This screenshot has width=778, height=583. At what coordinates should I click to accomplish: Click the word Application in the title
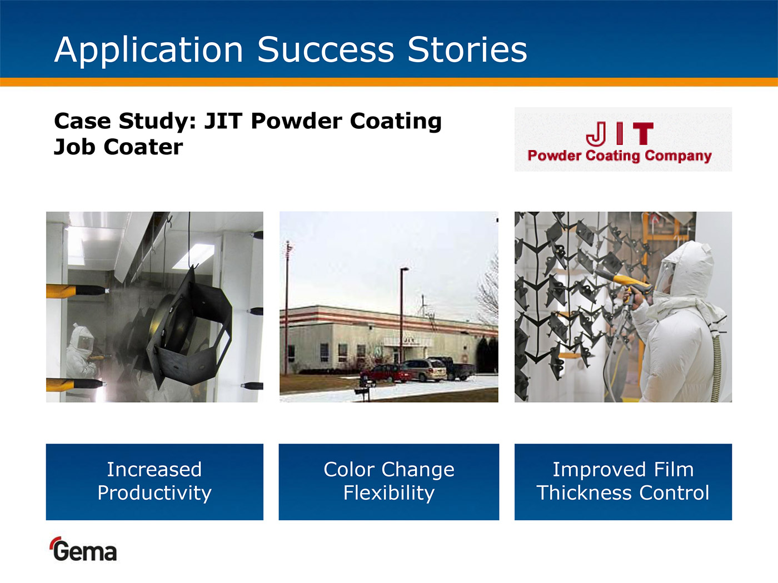pyautogui.click(x=148, y=51)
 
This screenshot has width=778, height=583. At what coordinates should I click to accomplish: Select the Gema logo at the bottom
pyautogui.click(x=83, y=549)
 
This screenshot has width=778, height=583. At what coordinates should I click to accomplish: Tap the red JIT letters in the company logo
pyautogui.click(x=620, y=133)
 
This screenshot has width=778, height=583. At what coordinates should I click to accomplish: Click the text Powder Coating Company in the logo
pyautogui.click(x=620, y=156)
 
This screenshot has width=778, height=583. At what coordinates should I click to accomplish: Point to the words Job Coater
pyautogui.click(x=118, y=147)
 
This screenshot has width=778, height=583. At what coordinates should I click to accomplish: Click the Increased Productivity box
pyautogui.click(x=154, y=482)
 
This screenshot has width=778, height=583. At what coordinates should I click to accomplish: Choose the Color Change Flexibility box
pyautogui.click(x=389, y=482)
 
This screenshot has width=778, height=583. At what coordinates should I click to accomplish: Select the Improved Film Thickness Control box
pyautogui.click(x=623, y=482)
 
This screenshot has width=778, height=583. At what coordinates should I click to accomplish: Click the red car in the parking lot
pyautogui.click(x=386, y=374)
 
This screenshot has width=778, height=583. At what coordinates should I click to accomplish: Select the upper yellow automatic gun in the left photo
pyautogui.click(x=77, y=290)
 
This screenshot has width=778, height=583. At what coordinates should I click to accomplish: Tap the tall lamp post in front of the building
pyautogui.click(x=403, y=315)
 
